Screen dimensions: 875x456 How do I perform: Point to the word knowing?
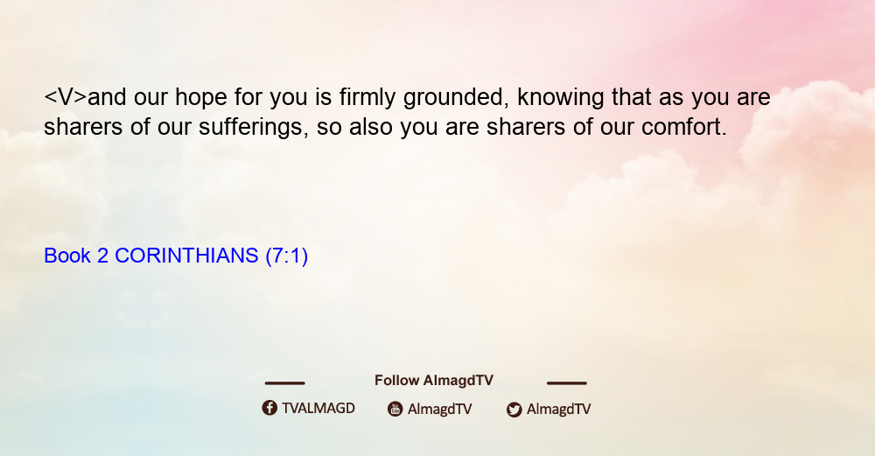[x=560, y=98]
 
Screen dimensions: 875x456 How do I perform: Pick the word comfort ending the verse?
[x=684, y=127]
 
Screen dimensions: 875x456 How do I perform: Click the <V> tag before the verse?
[x=66, y=97]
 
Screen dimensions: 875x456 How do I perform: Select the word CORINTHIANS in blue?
[x=186, y=256]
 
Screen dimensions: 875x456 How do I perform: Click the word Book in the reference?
[x=67, y=256]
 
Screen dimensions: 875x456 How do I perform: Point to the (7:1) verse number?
[x=287, y=256]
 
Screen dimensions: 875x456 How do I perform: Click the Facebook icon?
[x=269, y=408]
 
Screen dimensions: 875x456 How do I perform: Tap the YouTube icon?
[x=395, y=409]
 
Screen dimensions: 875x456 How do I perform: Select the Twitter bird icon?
[x=514, y=410]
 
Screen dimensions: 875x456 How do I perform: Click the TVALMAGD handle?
[x=318, y=409]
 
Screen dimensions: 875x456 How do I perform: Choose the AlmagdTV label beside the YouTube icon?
[x=440, y=410]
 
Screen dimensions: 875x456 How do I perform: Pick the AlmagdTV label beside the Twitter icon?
[x=558, y=410]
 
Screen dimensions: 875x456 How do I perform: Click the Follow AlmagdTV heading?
[x=434, y=381]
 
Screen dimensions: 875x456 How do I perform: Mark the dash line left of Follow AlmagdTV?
[x=284, y=383]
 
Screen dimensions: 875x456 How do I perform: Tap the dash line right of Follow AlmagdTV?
[x=567, y=383]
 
